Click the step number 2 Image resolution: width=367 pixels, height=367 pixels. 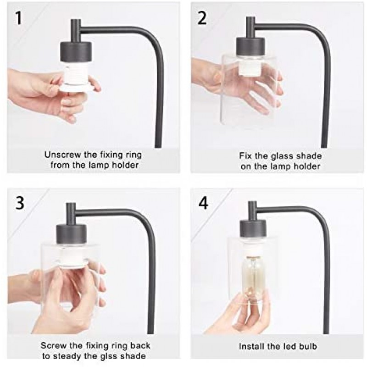202,18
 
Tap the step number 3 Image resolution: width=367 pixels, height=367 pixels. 19,203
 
